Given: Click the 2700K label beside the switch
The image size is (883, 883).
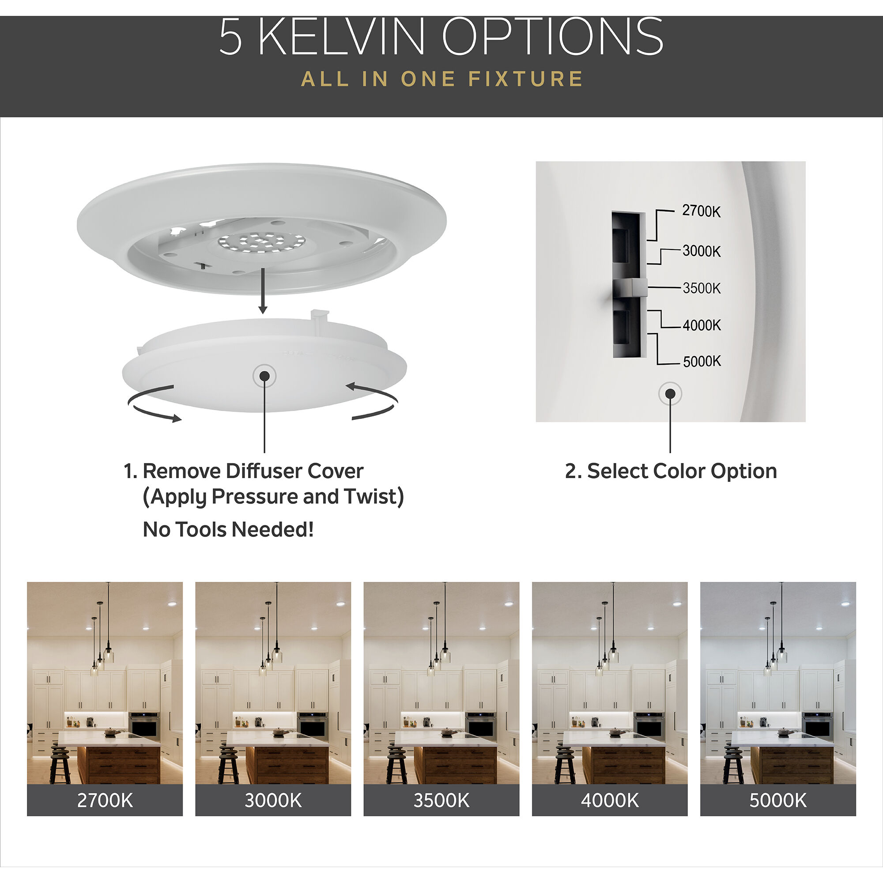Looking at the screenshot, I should tap(701, 211).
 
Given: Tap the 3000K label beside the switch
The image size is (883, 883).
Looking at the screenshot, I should tap(701, 251).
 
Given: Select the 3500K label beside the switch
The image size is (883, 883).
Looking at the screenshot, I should tap(701, 288).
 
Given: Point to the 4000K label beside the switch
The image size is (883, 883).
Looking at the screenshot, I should tap(702, 325).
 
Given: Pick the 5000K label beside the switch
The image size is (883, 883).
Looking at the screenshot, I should tap(702, 362).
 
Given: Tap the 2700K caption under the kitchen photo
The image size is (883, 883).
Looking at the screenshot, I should tap(105, 800).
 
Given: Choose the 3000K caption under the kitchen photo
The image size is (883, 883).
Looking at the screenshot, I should tap(273, 800).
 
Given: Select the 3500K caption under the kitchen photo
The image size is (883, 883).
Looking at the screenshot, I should tap(441, 800).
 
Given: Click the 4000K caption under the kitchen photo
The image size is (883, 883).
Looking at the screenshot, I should tap(609, 800).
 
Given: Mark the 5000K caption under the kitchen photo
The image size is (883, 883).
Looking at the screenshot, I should tap(778, 800).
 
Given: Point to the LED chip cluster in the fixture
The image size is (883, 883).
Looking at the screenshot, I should tap(261, 242).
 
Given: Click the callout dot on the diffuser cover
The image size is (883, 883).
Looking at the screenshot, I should tap(264, 376).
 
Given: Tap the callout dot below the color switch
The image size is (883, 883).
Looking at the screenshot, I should tap(670, 393).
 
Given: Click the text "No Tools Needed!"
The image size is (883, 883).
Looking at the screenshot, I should tap(228, 530).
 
